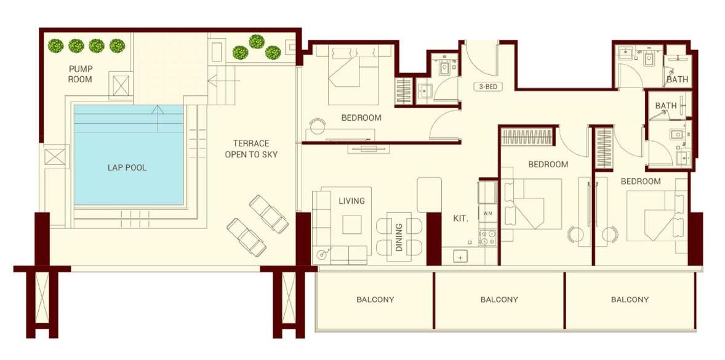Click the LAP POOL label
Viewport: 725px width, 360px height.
127,167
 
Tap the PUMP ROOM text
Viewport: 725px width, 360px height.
81,74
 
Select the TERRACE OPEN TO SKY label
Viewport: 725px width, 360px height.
251,149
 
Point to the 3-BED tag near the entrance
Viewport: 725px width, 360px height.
487,87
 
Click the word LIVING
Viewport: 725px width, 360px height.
351,201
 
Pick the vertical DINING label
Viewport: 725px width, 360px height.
399,237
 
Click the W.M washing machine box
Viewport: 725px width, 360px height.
488,214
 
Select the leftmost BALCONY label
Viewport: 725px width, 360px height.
375,300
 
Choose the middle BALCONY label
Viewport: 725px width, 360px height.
499,300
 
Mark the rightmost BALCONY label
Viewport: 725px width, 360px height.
630,300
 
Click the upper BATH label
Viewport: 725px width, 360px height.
678,79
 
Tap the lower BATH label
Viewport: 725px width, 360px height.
666,106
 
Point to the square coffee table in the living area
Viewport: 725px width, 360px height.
353,224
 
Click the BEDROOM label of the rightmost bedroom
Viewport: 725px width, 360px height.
640,182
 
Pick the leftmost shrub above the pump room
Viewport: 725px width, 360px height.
56,46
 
